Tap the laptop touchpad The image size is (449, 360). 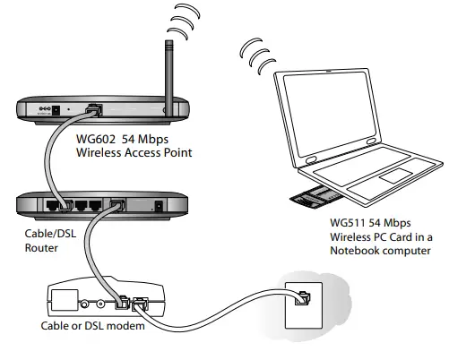[x=394, y=176]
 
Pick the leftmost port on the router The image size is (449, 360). [x=53, y=204]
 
